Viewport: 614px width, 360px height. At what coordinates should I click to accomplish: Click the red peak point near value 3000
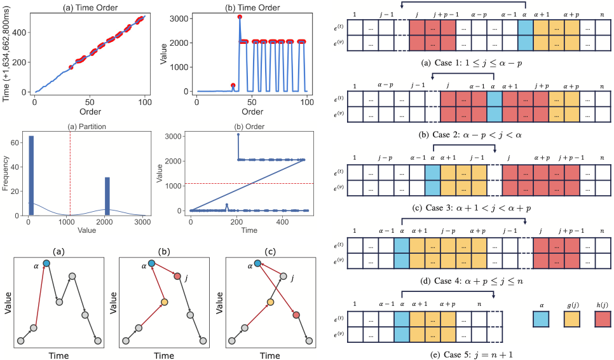coord(240,17)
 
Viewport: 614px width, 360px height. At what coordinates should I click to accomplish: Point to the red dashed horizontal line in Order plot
coord(254,184)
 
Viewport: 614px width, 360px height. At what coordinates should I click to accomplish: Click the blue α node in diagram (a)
coord(46,263)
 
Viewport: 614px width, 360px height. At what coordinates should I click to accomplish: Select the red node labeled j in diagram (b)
coord(177,276)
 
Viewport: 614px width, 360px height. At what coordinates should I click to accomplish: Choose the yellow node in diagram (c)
coord(270,301)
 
